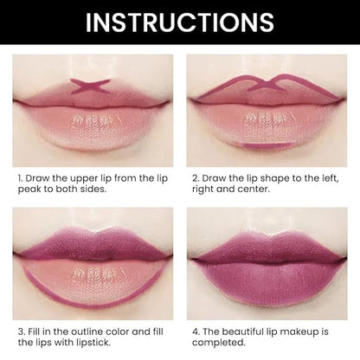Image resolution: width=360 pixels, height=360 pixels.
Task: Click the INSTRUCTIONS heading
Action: [x=180, y=22]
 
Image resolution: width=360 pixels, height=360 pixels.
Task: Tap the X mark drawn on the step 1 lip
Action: [x=91, y=86]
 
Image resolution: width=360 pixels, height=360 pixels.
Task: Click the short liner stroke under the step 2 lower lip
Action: [x=267, y=145]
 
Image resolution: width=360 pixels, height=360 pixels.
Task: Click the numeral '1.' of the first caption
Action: [x=20, y=178]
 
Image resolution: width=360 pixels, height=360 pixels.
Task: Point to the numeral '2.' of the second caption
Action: [x=196, y=178]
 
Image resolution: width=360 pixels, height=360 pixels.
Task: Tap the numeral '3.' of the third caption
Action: [x=22, y=331]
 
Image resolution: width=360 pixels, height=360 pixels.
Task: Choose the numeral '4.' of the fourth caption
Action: [x=196, y=331]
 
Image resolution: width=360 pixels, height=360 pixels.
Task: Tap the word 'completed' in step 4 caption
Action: [x=219, y=343]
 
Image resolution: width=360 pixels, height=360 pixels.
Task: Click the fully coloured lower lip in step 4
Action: [x=267, y=281]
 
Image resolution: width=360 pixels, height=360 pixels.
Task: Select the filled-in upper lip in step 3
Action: [x=93, y=243]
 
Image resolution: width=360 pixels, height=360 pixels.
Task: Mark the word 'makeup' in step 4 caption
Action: [x=299, y=332]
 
